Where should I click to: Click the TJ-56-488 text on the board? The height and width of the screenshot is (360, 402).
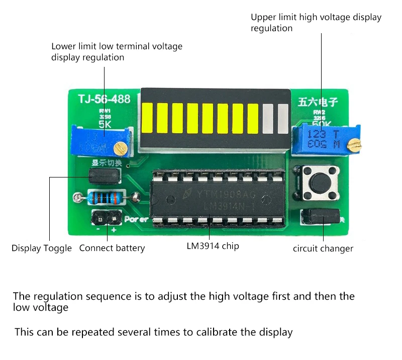click(104, 99)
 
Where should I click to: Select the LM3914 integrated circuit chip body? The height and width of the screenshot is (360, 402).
click(219, 199)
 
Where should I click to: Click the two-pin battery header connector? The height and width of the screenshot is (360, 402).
click(107, 218)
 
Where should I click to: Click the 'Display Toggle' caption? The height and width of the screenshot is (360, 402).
click(42, 248)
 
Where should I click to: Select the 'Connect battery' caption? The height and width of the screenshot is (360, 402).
click(112, 248)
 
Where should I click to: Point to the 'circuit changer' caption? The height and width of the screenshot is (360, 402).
click(323, 248)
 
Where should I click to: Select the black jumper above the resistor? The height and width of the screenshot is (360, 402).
click(104, 175)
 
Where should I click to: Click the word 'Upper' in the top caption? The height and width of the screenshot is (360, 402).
click(263, 18)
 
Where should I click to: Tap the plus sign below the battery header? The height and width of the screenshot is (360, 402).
click(114, 230)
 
